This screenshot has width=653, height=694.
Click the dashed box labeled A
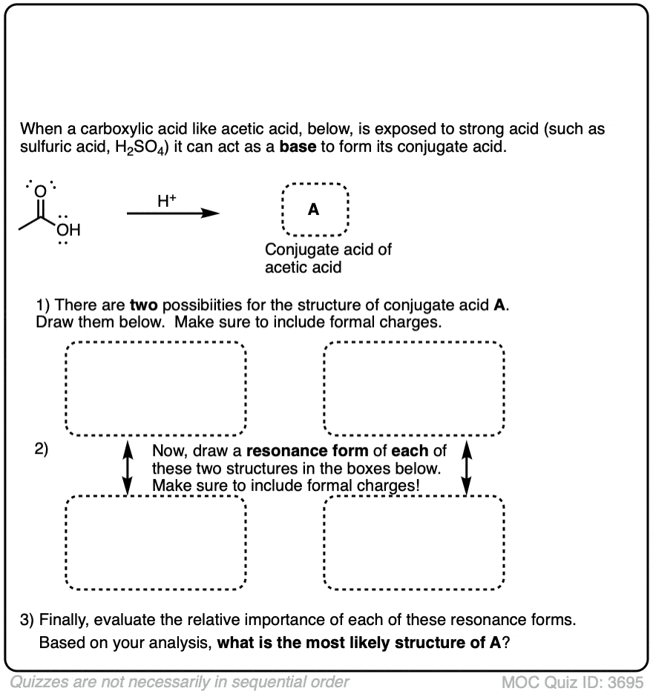point(314,209)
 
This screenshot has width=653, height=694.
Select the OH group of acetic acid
point(69,231)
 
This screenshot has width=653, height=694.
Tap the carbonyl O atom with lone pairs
point(41,191)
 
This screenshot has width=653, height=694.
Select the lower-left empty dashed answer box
point(156,542)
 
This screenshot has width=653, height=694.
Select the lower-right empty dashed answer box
point(414,542)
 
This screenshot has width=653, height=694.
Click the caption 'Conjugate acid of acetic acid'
point(328,258)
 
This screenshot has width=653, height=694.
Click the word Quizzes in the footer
point(38,681)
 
